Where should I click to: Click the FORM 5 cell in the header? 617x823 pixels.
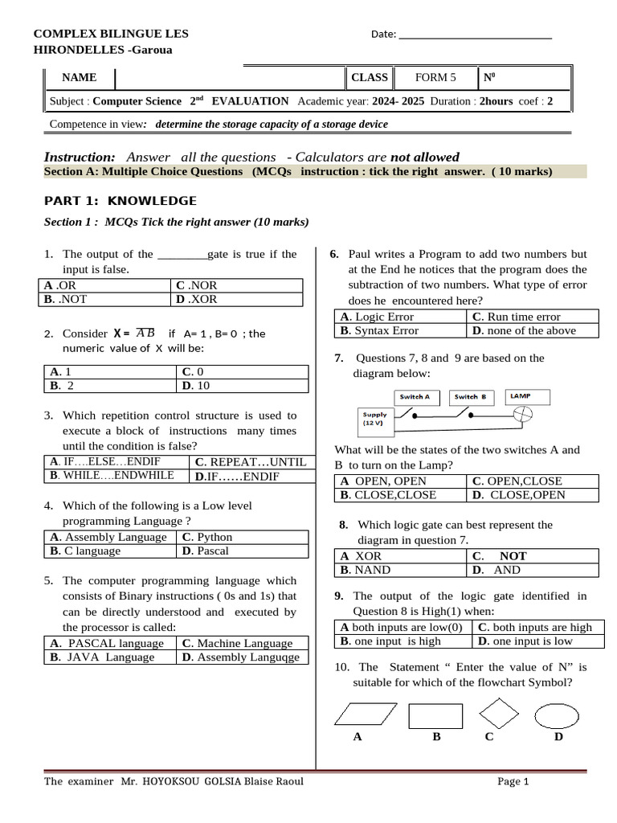[x=435, y=78]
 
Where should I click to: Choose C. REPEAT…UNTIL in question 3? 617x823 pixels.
[x=250, y=462]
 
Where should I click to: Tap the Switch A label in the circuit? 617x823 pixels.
[x=415, y=397]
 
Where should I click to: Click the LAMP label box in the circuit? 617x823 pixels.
[x=520, y=396]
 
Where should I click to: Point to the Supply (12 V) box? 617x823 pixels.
[x=374, y=419]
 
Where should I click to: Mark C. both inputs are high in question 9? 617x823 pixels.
[x=535, y=627]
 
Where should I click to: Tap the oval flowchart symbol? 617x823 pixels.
[x=557, y=715]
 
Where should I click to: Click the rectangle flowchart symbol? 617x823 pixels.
[x=435, y=715]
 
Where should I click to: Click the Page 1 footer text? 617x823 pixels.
[x=513, y=781]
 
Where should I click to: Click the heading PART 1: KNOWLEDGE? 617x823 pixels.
[x=119, y=201]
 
